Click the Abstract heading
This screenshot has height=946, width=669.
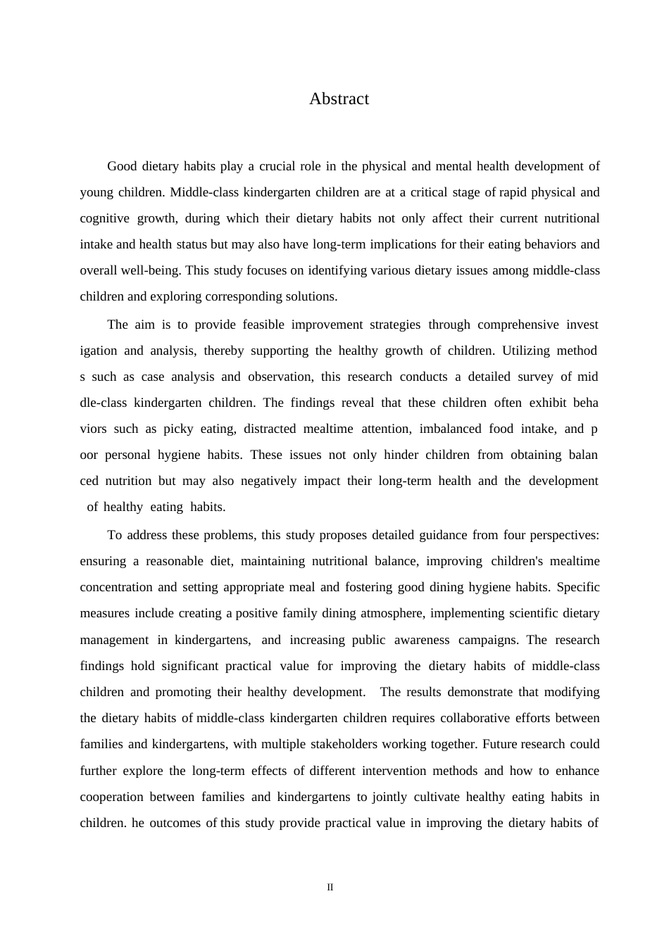339,99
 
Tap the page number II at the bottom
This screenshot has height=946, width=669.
330,888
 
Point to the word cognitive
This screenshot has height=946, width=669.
104,219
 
